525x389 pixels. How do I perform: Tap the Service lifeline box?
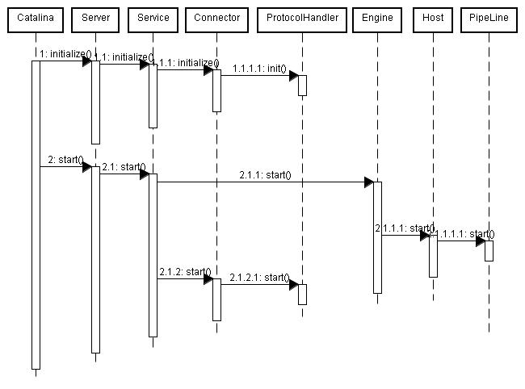point(153,19)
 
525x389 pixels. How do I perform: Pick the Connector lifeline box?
point(216,19)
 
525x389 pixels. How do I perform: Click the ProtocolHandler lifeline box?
point(302,19)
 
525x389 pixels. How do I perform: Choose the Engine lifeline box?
point(377,19)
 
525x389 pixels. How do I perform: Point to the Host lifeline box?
point(432,19)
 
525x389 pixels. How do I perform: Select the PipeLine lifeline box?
point(488,19)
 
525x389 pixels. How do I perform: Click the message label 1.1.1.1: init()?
point(258,69)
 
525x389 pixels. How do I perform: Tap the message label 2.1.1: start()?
point(265,174)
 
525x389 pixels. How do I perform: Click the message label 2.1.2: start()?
point(185,272)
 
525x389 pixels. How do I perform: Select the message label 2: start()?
point(65,160)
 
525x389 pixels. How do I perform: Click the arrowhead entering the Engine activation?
point(368,182)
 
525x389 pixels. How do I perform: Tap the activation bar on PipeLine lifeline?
point(488,250)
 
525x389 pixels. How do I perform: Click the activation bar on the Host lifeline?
point(433,255)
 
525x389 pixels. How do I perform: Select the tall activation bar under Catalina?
point(36,214)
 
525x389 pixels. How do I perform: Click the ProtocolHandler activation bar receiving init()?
point(302,85)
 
